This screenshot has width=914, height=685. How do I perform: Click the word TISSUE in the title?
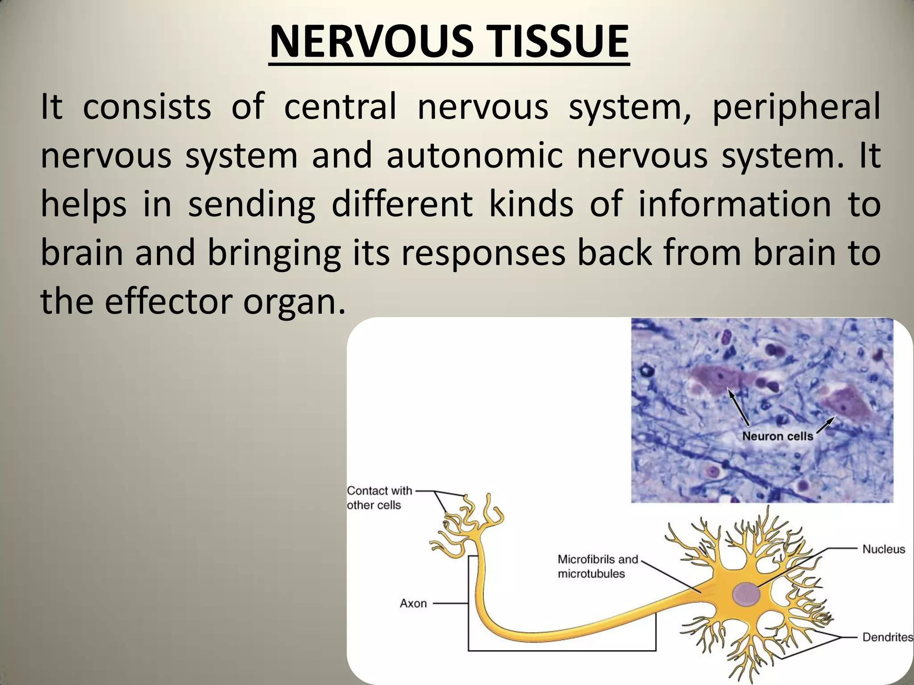(549, 42)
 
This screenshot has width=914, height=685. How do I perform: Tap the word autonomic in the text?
(474, 157)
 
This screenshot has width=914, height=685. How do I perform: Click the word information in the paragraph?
(735, 204)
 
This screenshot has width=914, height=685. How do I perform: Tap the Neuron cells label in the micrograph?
(777, 436)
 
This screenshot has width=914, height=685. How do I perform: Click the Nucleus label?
(883, 549)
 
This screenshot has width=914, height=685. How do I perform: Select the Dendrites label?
(887, 637)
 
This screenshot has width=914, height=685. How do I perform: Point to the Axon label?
(413, 603)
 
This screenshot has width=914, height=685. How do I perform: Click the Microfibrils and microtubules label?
(598, 566)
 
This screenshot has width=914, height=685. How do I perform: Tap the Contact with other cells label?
(379, 498)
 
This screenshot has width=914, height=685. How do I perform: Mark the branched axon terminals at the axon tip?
(469, 522)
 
